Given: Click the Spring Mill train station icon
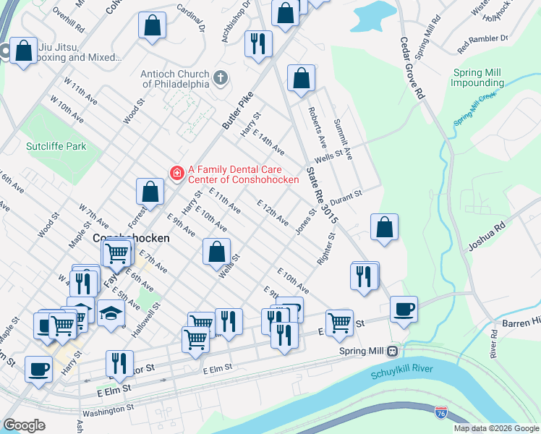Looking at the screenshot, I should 392,351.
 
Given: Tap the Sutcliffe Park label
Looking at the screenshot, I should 56,146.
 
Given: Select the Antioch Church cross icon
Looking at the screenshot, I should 221,77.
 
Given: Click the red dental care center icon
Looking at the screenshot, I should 176,172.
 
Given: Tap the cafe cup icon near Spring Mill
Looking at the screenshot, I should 404,310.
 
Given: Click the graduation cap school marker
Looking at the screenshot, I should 111,313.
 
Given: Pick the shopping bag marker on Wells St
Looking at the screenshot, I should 216,252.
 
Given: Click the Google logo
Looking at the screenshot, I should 24,425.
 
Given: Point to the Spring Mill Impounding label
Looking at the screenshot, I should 479,78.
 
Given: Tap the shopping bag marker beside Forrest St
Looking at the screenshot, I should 150,192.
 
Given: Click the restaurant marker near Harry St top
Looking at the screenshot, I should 258,43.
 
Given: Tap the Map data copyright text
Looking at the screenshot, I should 496,428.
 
